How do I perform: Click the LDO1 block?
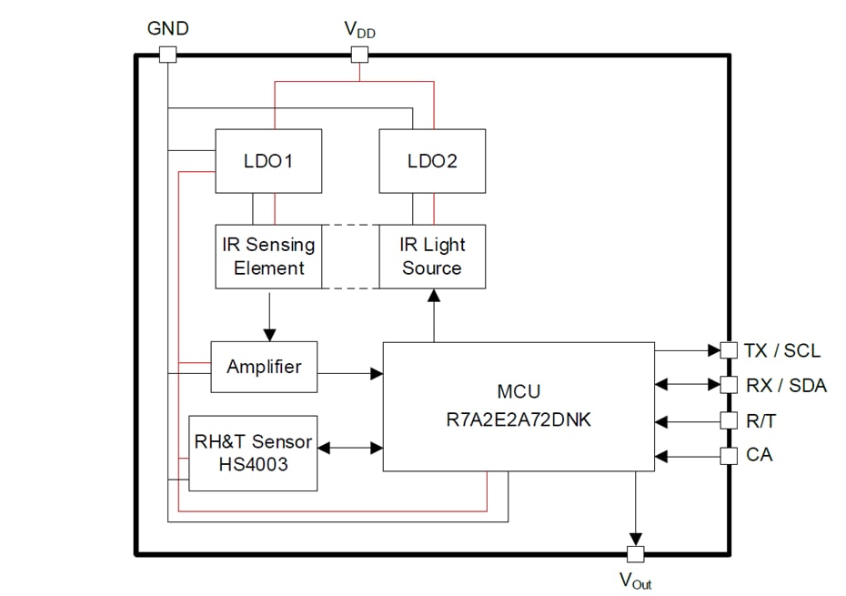pos(267,161)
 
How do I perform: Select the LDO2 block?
pos(432,161)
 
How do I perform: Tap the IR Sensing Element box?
pos(267,257)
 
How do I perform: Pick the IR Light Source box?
pos(432,257)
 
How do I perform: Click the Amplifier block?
pos(264,367)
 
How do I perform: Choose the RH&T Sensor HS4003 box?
pos(253,452)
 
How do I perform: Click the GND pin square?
pos(167,55)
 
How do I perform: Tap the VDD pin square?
pos(359,55)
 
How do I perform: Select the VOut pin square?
pos(635,553)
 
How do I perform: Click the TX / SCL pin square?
pos(728,349)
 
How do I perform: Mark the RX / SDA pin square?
pos(728,385)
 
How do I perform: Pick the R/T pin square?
pos(728,420)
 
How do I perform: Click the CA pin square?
pos(728,455)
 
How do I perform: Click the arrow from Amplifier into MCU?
pos(350,373)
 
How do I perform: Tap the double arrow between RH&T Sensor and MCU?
pos(350,448)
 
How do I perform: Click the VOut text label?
pos(635,580)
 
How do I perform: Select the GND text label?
pos(168,28)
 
